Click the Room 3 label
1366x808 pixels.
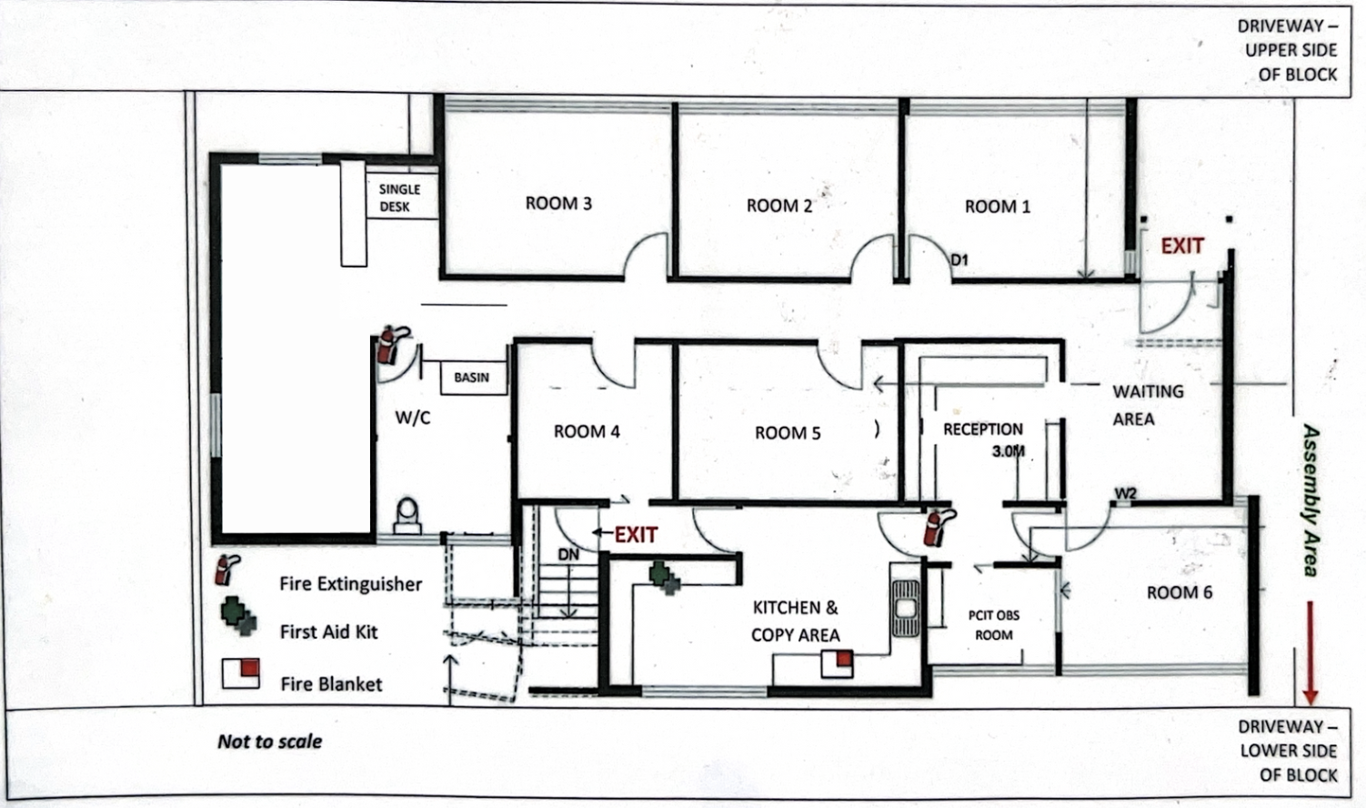558,203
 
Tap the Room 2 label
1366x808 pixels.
779,206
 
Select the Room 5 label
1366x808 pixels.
788,433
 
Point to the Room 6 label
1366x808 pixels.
1180,592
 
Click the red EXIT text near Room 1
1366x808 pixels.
1181,246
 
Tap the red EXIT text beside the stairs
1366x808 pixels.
636,535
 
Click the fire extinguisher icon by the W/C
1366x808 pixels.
391,346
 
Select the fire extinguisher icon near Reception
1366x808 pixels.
938,528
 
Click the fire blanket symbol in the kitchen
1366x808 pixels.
837,664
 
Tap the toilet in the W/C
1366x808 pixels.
407,516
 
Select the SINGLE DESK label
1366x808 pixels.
399,197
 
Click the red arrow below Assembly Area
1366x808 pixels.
1310,652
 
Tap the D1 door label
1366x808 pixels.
959,260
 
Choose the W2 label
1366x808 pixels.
1126,493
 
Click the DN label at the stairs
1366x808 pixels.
568,555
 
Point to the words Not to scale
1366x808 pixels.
269,742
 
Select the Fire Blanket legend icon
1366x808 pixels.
241,673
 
